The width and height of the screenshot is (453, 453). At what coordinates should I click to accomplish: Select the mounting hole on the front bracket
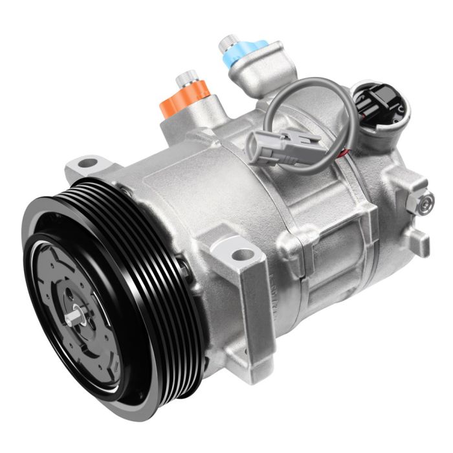pyautogui.click(x=241, y=254)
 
